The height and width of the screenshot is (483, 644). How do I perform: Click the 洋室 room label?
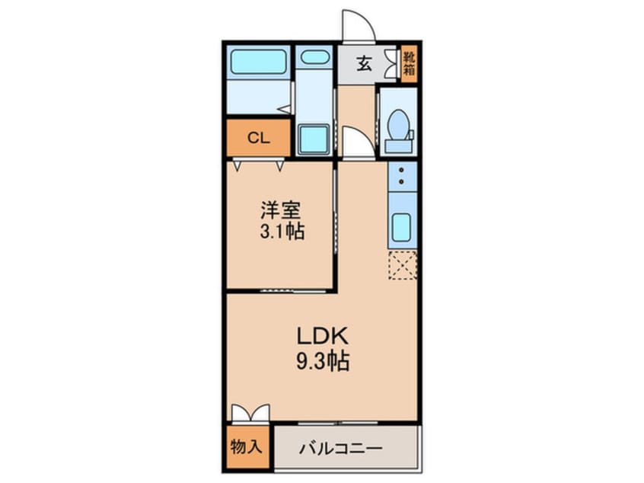(282, 210)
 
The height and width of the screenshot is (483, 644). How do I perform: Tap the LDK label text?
(323, 337)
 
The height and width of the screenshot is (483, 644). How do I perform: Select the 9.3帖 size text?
(323, 362)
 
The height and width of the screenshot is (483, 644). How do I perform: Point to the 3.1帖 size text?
(282, 232)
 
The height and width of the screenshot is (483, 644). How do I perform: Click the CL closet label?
(258, 138)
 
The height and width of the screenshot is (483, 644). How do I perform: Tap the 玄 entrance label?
(363, 64)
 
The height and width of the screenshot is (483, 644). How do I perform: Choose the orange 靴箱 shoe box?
(409, 63)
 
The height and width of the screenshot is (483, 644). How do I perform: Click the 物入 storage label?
(246, 446)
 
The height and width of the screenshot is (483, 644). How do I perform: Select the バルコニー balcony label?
(340, 448)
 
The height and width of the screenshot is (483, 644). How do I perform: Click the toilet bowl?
(397, 124)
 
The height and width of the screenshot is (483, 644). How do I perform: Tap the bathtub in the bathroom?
(258, 62)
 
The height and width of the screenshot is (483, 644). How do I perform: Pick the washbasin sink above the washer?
(314, 57)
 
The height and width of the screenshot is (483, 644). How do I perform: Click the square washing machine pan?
(314, 139)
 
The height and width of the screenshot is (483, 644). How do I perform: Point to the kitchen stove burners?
(402, 175)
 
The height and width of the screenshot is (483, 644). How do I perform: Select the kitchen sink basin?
(401, 227)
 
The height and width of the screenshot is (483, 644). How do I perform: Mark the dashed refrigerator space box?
(403, 266)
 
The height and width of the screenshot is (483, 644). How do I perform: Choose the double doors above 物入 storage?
(250, 413)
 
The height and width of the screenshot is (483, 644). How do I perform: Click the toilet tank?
(398, 146)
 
